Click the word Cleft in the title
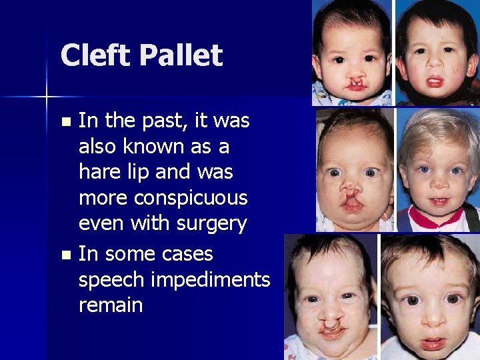pos(97,55)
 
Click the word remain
pos(111,305)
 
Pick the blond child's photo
pos(438,170)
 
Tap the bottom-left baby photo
pos(329,297)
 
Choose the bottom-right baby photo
pos(429,297)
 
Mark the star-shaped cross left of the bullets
pos(47,97)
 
